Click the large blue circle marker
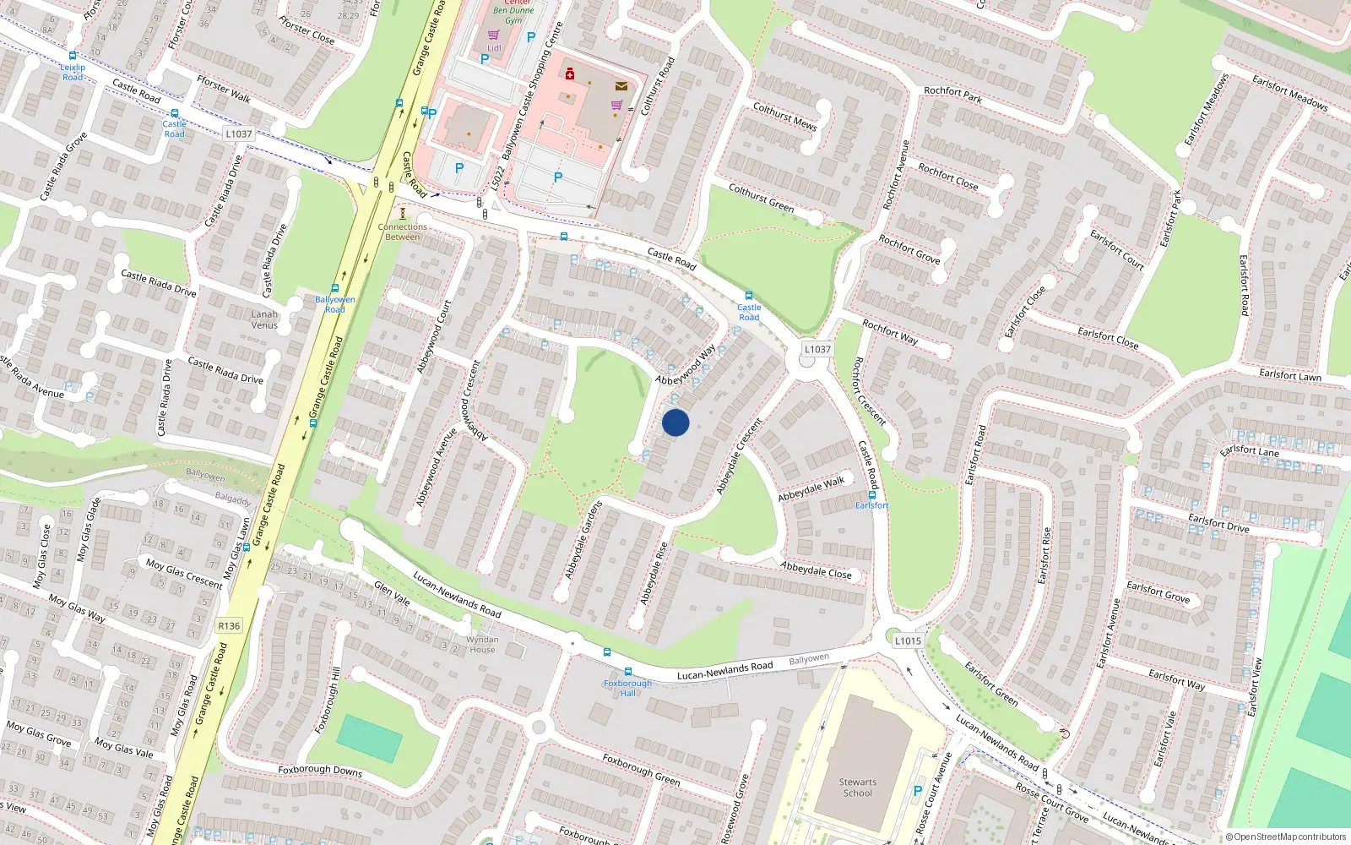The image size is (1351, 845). [x=675, y=422]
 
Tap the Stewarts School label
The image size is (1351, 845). [x=857, y=788]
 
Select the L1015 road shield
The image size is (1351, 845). [x=908, y=641]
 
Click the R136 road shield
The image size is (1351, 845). [x=228, y=626]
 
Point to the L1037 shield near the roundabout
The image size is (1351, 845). [x=817, y=349]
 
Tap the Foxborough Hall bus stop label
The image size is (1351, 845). [x=627, y=688]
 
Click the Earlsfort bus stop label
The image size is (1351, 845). [x=871, y=505]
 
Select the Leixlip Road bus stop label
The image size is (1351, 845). [x=73, y=72]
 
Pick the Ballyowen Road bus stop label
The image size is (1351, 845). [x=334, y=304]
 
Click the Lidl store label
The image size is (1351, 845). [x=494, y=48]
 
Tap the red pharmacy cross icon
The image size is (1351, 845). [x=570, y=74]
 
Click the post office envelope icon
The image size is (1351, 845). [x=621, y=86]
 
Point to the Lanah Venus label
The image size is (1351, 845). [x=264, y=319]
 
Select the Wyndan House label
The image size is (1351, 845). [x=482, y=645]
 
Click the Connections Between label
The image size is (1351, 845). [x=402, y=232]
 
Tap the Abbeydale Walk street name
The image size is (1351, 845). [x=811, y=488]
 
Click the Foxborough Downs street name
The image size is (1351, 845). [x=320, y=771]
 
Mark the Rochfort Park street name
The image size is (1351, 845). [x=952, y=95]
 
